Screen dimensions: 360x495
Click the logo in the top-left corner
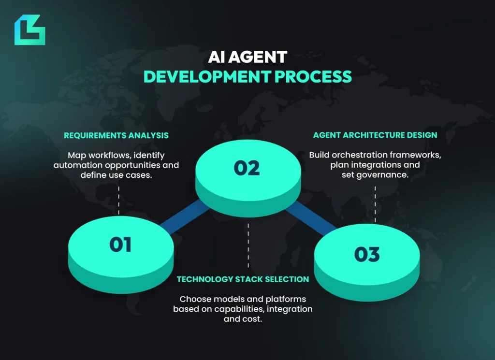(29, 30)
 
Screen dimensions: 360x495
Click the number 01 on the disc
(120, 245)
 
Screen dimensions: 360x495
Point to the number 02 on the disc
(247, 168)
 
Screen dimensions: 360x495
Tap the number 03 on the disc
(367, 255)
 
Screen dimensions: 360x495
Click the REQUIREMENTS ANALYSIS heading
(116, 135)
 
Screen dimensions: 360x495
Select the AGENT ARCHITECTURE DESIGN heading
(375, 135)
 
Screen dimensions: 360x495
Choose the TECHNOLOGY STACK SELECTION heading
(243, 279)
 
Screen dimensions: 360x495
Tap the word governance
(383, 175)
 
